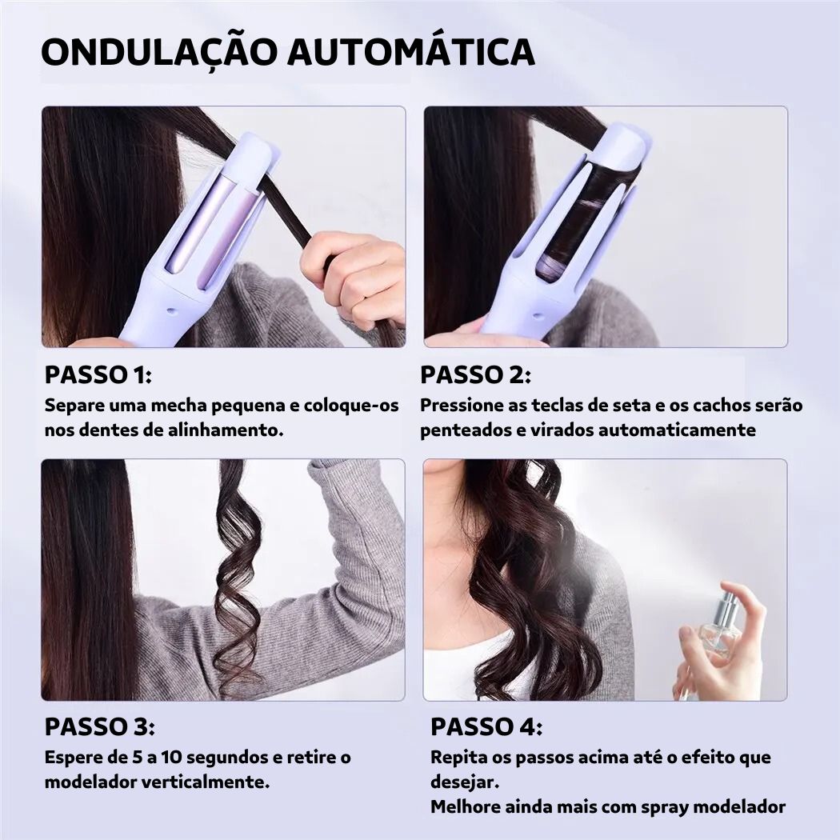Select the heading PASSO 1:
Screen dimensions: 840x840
(x=98, y=374)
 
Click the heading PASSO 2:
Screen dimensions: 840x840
(x=475, y=374)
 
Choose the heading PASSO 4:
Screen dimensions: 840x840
(x=486, y=727)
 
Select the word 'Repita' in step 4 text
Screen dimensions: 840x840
(x=459, y=757)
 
